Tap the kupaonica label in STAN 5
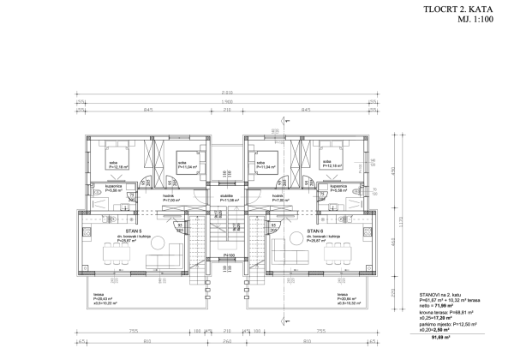[117, 185]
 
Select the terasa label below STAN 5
[99, 293]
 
